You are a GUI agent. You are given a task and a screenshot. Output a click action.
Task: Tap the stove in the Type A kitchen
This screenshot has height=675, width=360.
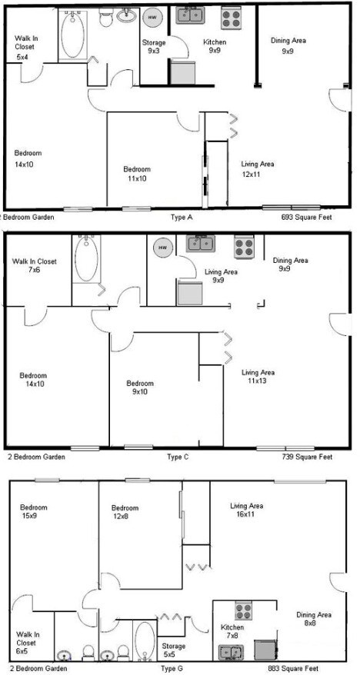tap(232, 17)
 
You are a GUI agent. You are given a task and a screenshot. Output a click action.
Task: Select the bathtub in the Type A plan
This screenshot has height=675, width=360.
tap(75, 34)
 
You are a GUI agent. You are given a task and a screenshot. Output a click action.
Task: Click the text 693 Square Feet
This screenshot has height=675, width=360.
tap(308, 218)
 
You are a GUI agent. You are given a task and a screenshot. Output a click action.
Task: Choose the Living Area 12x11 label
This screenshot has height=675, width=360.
tap(257, 169)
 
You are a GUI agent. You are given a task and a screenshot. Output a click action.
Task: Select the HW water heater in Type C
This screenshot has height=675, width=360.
tap(162, 248)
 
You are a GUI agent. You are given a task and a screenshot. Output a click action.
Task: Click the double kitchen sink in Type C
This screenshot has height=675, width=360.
tap(200, 244)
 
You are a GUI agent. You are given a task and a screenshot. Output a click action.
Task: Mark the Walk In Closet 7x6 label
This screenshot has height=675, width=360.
tap(34, 266)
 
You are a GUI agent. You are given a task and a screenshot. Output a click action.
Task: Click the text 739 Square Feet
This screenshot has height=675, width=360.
tap(307, 457)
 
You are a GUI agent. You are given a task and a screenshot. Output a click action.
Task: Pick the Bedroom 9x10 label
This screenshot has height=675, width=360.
tap(140, 388)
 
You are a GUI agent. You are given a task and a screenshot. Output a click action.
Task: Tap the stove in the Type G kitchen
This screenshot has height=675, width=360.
tap(245, 612)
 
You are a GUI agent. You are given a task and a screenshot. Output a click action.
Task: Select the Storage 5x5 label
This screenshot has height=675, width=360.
tap(173, 650)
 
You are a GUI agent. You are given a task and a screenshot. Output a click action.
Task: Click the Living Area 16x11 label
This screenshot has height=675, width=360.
tap(246, 510)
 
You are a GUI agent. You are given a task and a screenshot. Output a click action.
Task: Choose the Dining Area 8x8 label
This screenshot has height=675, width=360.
tap(314, 620)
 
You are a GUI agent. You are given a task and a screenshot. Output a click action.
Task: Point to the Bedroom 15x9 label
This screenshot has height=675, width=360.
tap(34, 512)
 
